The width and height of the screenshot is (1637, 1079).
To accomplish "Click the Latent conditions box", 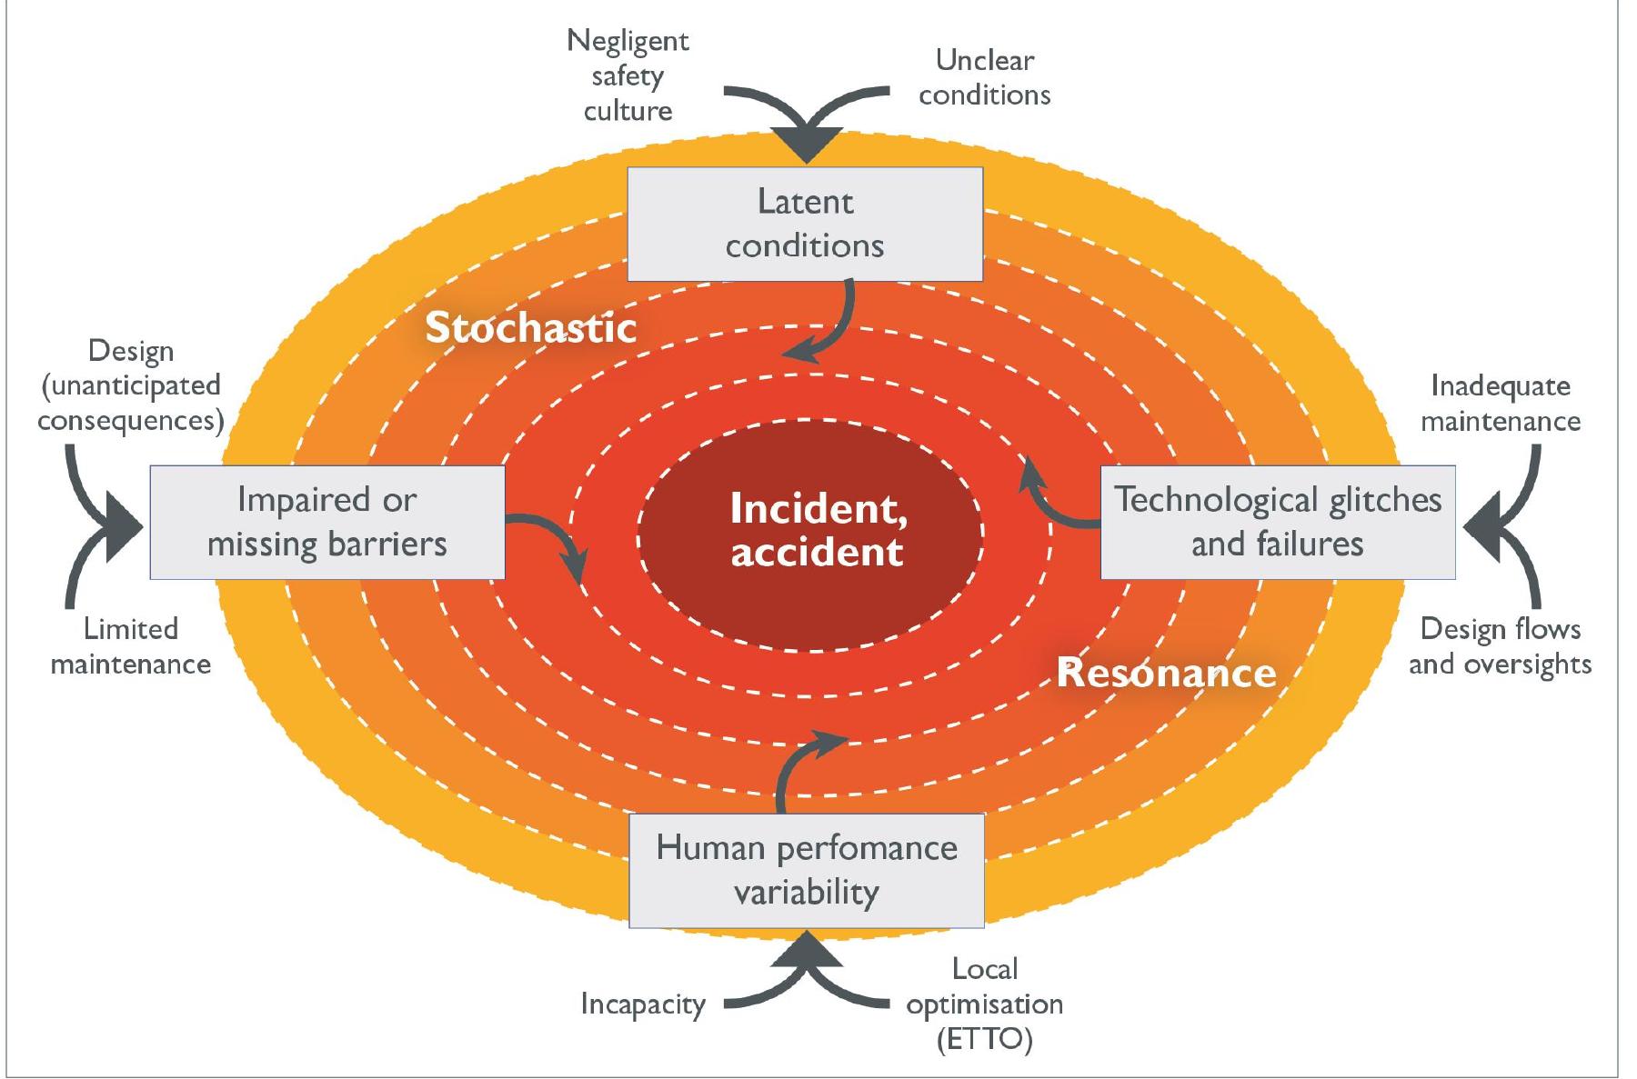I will pyautogui.click(x=805, y=224).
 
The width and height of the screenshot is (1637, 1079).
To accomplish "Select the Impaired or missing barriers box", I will pyautogui.click(x=326, y=522).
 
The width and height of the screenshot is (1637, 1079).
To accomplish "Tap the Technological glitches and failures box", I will pyautogui.click(x=1277, y=522).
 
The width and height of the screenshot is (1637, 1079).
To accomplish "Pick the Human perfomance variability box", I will pyautogui.click(x=806, y=870).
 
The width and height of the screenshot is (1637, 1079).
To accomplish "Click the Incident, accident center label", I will pyautogui.click(x=817, y=530).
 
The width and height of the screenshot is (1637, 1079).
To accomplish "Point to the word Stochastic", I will pyautogui.click(x=531, y=328).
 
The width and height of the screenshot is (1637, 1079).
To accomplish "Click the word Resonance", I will pyautogui.click(x=1166, y=674).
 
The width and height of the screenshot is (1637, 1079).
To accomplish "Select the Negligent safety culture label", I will pyautogui.click(x=628, y=75).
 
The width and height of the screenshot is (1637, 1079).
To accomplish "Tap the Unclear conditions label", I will pyautogui.click(x=984, y=78).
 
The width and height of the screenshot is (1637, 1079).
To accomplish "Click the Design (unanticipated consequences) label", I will pyautogui.click(x=131, y=385).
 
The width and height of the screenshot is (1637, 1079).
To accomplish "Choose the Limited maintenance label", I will pyautogui.click(x=131, y=646).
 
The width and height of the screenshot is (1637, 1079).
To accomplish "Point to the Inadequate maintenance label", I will pyautogui.click(x=1501, y=404).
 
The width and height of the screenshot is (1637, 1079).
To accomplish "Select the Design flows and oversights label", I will pyautogui.click(x=1501, y=646).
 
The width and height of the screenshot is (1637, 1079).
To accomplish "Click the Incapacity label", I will pyautogui.click(x=643, y=1004).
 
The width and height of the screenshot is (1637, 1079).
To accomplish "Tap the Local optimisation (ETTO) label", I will pyautogui.click(x=984, y=1004).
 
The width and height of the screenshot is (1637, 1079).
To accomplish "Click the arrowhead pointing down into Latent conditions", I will pyautogui.click(x=806, y=145).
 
